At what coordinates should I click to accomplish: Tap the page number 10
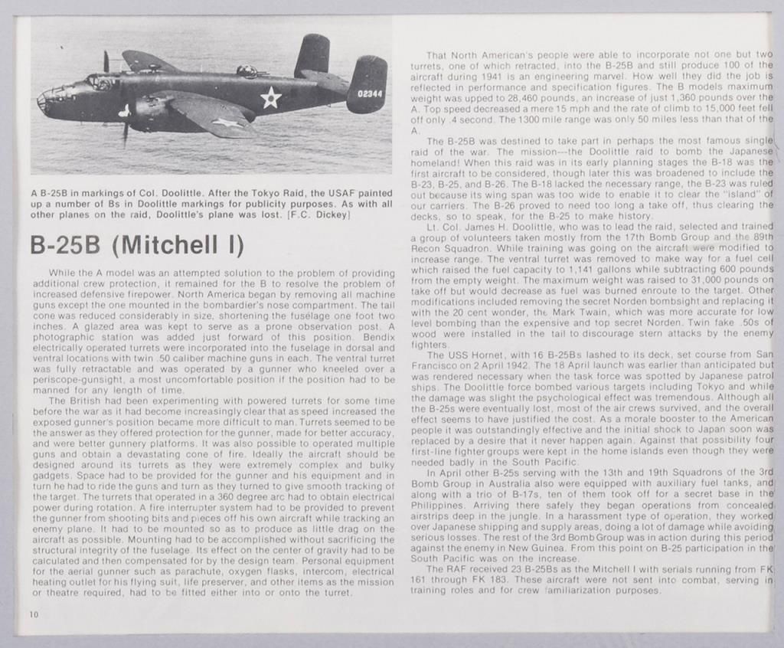pos(35,614)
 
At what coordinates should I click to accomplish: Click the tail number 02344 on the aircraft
pos(370,93)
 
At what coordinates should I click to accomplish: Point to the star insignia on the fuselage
pos(270,97)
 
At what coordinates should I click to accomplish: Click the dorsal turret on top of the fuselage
pos(246,71)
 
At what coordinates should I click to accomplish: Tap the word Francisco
pos(440,365)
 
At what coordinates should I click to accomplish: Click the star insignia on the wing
pos(226,123)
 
